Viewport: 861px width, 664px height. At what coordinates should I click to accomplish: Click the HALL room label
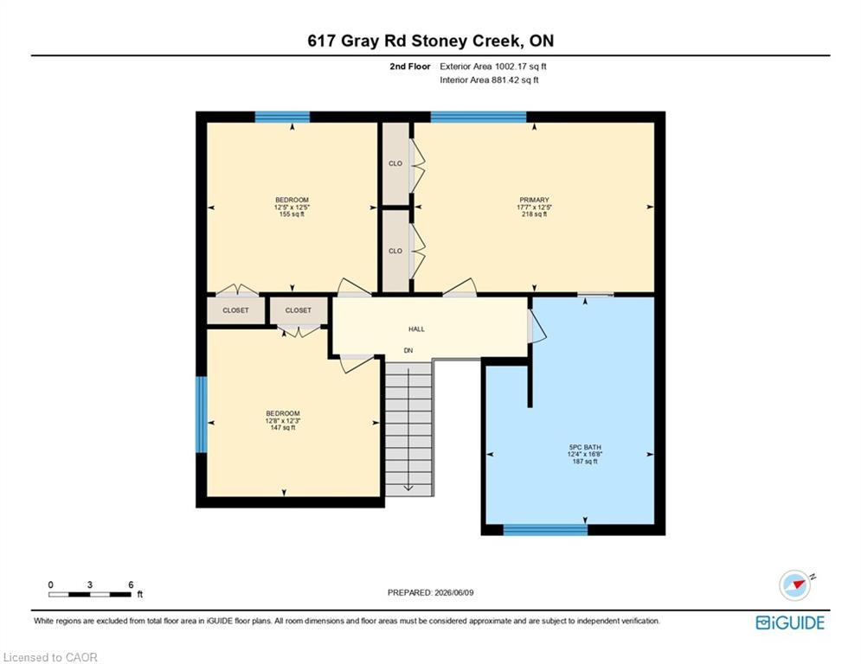pos(416,329)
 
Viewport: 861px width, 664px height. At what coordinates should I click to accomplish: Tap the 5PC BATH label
pos(585,447)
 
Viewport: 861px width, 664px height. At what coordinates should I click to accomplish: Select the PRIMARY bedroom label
pos(534,200)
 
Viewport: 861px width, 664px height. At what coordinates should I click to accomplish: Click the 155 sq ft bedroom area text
pos(292,214)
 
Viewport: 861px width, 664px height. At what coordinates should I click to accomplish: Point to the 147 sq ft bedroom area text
pos(283,427)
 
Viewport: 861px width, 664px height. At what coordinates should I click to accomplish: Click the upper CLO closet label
pos(395,163)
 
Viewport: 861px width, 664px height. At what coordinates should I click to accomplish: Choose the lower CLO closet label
pos(395,251)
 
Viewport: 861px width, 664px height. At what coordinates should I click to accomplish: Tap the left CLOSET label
pos(235,310)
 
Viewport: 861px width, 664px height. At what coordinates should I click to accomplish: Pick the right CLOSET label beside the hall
pos(299,310)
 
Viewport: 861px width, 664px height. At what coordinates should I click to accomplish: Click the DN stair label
pos(408,351)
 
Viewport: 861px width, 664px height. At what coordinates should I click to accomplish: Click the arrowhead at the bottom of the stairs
pos(408,488)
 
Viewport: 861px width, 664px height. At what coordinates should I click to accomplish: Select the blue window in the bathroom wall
pos(545,529)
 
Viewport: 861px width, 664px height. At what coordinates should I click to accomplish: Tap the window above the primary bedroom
pos(479,117)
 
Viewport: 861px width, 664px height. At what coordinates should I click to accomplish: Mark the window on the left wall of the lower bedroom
pos(202,414)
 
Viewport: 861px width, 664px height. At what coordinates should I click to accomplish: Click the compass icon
pos(795,585)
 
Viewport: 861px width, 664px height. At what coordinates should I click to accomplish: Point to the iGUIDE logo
pos(790,622)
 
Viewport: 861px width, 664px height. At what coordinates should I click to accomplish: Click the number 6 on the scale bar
pos(131,585)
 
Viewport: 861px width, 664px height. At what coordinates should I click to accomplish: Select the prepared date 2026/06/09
pos(453,592)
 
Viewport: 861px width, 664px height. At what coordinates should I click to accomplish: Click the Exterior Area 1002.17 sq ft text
pos(493,67)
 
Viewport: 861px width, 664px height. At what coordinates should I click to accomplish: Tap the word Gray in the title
pos(360,41)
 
